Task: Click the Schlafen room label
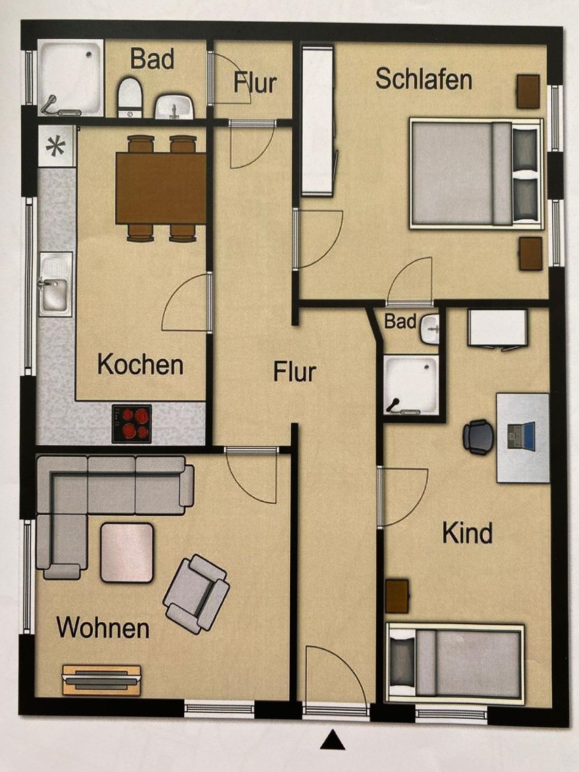[x=424, y=80]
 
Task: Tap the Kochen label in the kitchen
[x=140, y=364]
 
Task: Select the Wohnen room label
[x=103, y=628]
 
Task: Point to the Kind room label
[x=467, y=533]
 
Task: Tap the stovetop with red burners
[x=132, y=424]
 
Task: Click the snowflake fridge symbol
[x=56, y=148]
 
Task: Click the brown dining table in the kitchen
[x=161, y=188]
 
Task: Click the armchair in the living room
[x=197, y=594]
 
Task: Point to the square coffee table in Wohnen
[x=127, y=552]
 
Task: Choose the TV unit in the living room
[x=101, y=680]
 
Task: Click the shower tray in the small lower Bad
[x=411, y=384]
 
